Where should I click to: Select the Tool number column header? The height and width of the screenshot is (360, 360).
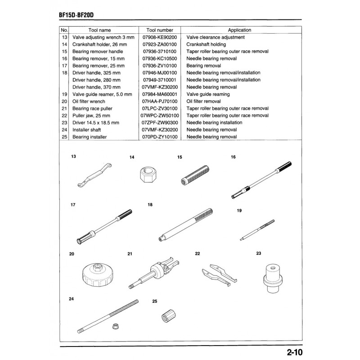[160, 30]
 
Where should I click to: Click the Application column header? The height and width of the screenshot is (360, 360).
[239, 30]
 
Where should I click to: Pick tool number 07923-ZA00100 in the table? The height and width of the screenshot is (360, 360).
[160, 45]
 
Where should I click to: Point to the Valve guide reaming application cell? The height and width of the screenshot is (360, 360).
[208, 94]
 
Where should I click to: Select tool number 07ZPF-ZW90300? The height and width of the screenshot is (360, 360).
[160, 122]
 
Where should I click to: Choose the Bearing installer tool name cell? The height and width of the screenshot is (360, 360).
[90, 137]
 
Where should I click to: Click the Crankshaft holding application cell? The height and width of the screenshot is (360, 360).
[206, 45]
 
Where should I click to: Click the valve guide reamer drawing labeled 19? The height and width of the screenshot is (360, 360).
[256, 228]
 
